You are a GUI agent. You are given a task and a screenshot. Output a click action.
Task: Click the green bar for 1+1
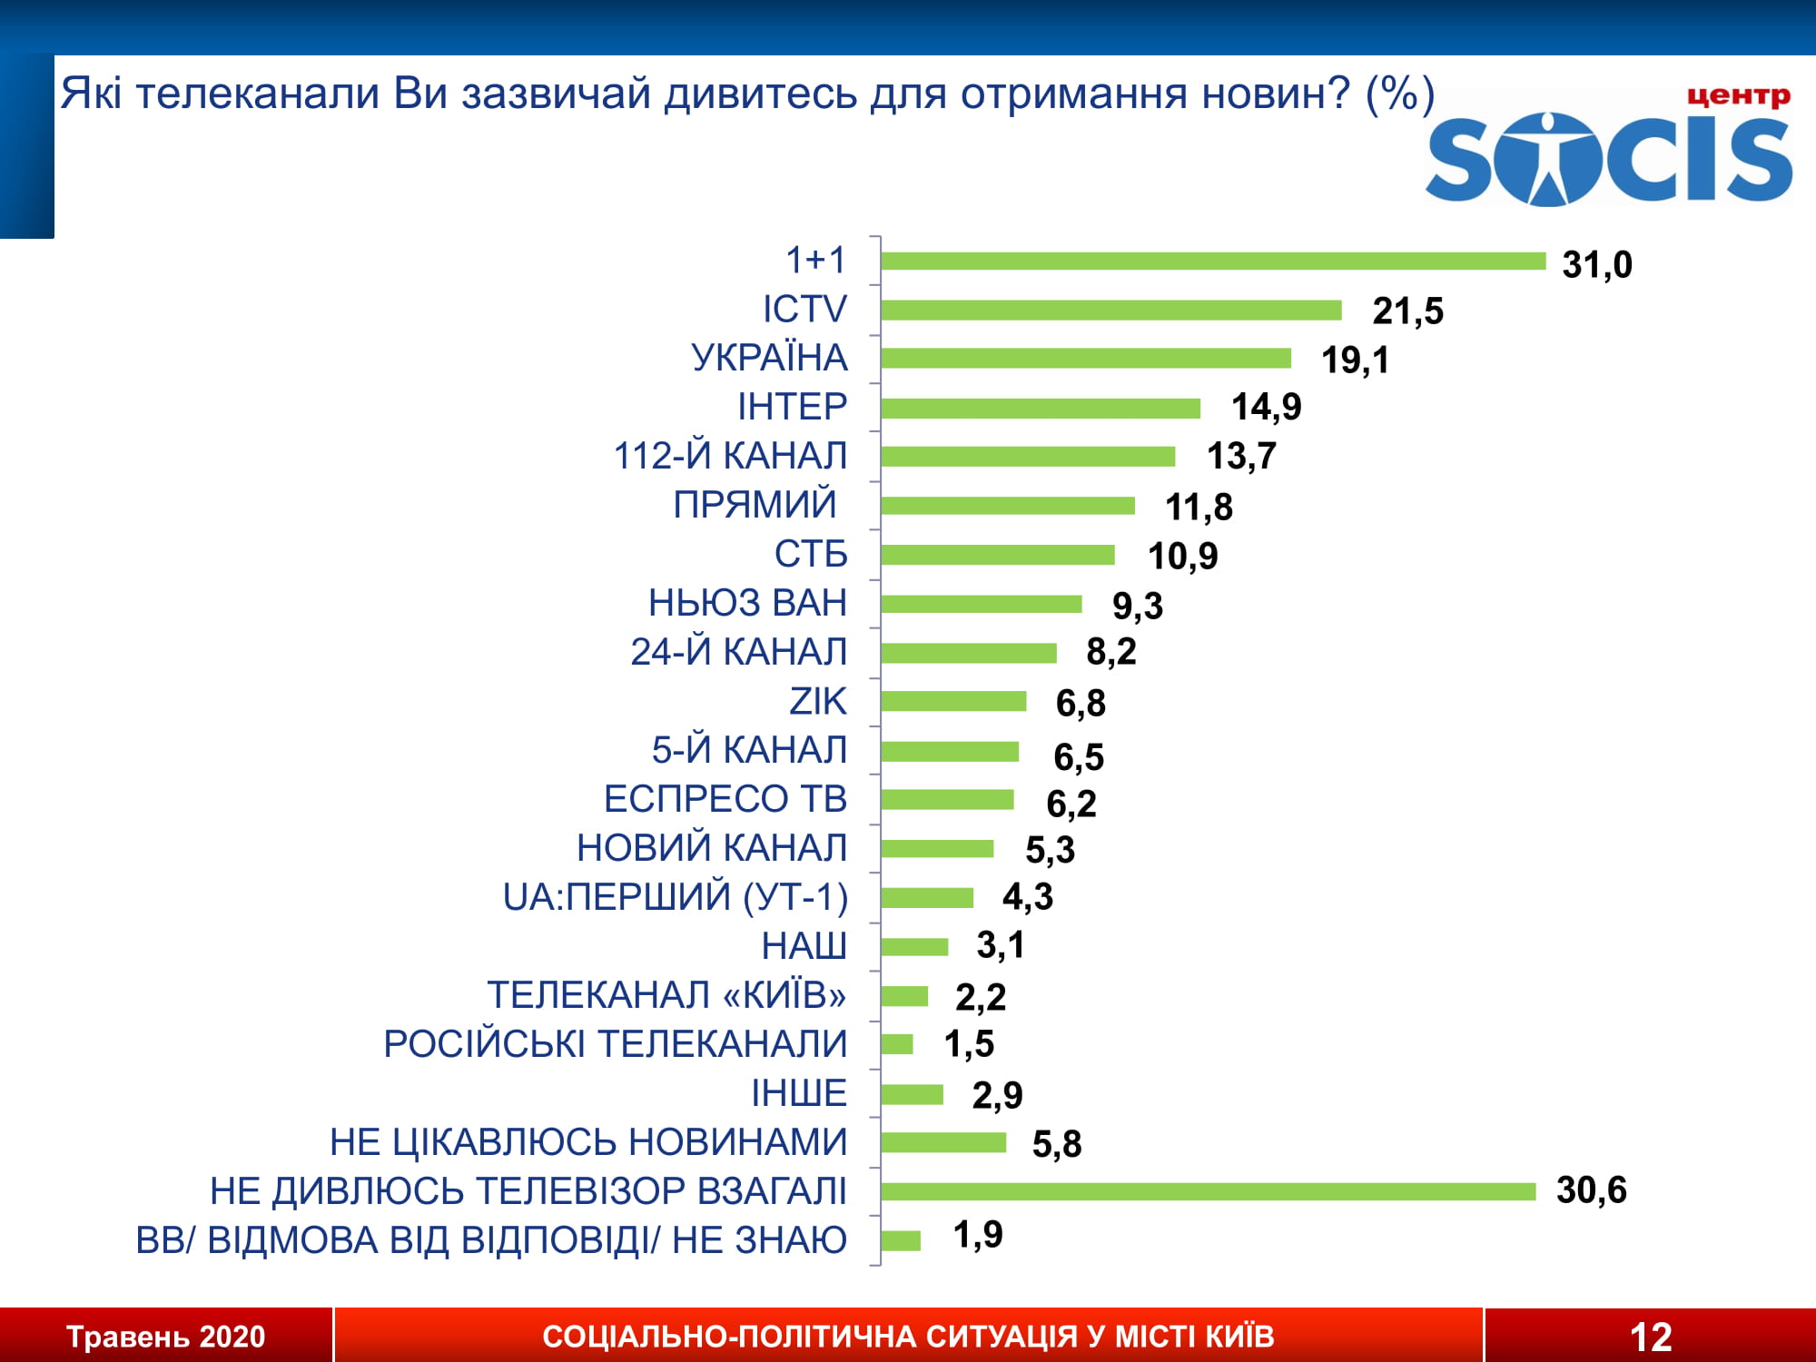click(x=1212, y=262)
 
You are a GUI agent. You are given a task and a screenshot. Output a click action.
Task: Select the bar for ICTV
click(x=1110, y=311)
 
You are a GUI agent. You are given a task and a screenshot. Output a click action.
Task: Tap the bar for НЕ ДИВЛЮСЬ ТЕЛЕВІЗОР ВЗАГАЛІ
click(x=1208, y=1191)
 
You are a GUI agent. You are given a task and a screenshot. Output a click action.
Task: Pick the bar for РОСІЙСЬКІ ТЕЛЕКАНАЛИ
click(x=897, y=1044)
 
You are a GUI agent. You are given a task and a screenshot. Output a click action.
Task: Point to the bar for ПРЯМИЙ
click(x=1007, y=506)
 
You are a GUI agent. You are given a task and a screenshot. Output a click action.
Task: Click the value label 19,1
click(x=1355, y=360)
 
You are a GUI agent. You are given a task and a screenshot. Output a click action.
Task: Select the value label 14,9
click(x=1266, y=407)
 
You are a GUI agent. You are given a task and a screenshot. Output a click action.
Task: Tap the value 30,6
click(x=1591, y=1190)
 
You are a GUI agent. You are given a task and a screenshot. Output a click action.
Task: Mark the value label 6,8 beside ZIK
click(x=1081, y=703)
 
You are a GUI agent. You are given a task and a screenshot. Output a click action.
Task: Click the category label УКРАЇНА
click(x=769, y=358)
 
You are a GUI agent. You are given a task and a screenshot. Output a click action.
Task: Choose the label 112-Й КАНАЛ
click(x=730, y=456)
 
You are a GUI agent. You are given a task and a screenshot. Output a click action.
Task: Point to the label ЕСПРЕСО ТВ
click(x=725, y=799)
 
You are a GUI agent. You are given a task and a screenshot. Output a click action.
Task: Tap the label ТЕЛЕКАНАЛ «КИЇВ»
click(x=666, y=995)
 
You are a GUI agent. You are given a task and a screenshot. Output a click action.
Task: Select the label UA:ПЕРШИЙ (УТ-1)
click(x=676, y=897)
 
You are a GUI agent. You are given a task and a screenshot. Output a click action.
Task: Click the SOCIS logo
click(x=1608, y=159)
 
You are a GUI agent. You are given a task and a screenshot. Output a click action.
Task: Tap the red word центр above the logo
click(x=1738, y=96)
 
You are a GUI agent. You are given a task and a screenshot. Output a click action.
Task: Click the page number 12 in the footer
click(x=1650, y=1337)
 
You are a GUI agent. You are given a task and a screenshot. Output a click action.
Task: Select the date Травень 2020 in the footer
click(x=165, y=1337)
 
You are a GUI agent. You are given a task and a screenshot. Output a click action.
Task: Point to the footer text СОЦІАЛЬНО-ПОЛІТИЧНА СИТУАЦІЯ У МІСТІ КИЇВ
click(x=908, y=1337)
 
